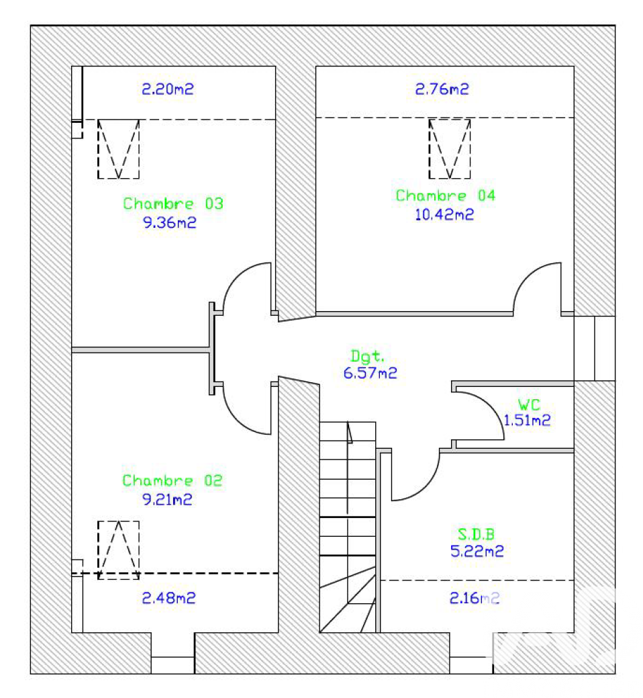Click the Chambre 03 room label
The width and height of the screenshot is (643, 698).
click(x=173, y=204)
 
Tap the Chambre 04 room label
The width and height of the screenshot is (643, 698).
click(x=446, y=195)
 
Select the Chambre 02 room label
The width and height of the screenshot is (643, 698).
click(x=172, y=480)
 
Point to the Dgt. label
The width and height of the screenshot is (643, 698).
click(x=367, y=356)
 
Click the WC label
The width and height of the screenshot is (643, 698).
click(x=529, y=404)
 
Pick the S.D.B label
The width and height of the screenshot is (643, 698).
click(x=477, y=533)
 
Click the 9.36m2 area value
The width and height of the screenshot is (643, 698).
click(x=169, y=222)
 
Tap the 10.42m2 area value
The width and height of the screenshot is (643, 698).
click(x=444, y=214)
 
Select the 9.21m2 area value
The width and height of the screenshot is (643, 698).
click(x=167, y=499)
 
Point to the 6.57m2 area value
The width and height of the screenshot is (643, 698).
click(x=370, y=373)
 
